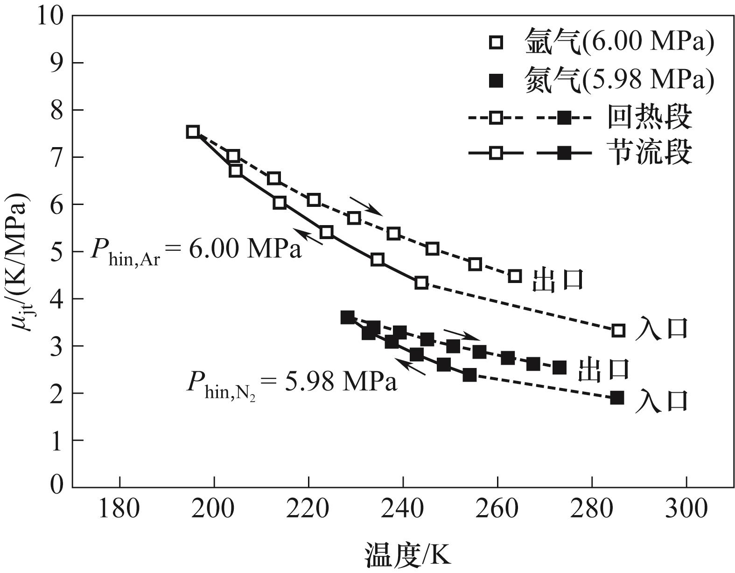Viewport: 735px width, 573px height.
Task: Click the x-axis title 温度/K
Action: pyautogui.click(x=408, y=554)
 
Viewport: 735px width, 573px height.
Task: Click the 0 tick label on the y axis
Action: pyautogui.click(x=57, y=486)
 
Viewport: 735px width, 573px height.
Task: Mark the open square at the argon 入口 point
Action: pyautogui.click(x=618, y=331)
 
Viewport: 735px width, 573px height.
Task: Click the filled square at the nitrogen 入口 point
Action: pyautogui.click(x=617, y=398)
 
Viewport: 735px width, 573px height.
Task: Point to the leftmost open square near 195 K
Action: pyautogui.click(x=193, y=132)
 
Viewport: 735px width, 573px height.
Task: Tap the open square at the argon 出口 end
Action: pyautogui.click(x=514, y=276)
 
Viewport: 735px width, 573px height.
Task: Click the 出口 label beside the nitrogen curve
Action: pyautogui.click(x=603, y=369)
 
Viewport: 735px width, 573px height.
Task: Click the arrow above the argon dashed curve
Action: pyautogui.click(x=366, y=206)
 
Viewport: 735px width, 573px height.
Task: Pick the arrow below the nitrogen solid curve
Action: pyautogui.click(x=410, y=366)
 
